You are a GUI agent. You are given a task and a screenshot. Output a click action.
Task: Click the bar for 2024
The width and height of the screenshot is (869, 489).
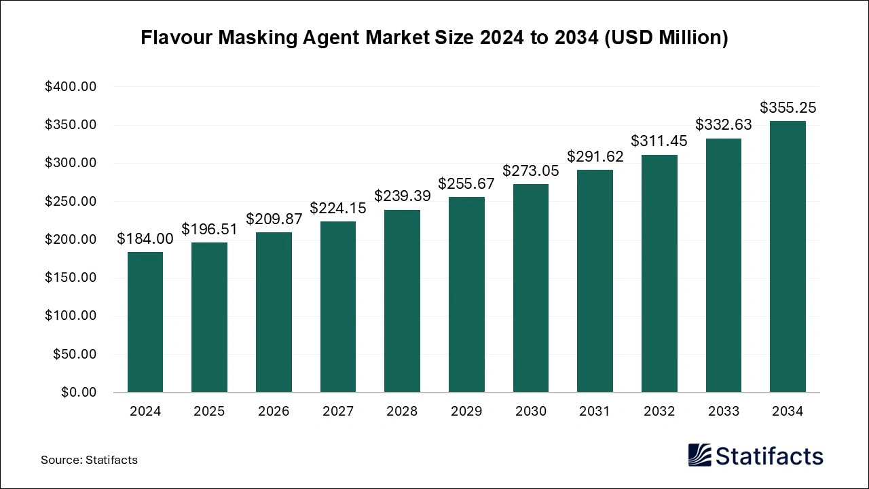pyautogui.click(x=145, y=322)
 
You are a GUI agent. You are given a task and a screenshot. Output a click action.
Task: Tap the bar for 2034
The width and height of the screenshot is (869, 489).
pyautogui.click(x=788, y=256)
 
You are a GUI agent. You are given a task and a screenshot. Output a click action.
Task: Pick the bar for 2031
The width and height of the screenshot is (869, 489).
pyautogui.click(x=595, y=280)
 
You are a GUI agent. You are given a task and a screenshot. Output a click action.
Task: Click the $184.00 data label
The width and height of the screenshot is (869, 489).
pyautogui.click(x=145, y=238)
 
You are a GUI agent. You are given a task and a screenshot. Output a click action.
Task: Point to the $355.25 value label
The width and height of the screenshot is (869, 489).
pyautogui.click(x=788, y=107)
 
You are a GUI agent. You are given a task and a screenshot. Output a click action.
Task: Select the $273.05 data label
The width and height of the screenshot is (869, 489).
pyautogui.click(x=531, y=170)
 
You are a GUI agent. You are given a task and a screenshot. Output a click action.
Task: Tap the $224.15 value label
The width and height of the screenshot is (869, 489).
pyautogui.click(x=338, y=208)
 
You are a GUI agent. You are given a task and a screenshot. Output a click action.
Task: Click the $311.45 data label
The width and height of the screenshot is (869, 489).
pyautogui.click(x=659, y=141)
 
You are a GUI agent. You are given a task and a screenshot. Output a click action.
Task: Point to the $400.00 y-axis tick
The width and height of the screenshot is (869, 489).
pyautogui.click(x=71, y=87)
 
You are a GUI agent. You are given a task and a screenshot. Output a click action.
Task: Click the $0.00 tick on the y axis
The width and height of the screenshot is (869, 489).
pyautogui.click(x=79, y=393)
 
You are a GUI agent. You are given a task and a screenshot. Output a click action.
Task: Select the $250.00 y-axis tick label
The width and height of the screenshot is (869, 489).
pyautogui.click(x=71, y=202)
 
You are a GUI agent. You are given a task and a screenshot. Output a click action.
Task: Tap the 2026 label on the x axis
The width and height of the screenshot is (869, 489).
pyautogui.click(x=274, y=411)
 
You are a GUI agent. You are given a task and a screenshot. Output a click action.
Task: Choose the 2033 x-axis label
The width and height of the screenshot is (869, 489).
pyautogui.click(x=723, y=411)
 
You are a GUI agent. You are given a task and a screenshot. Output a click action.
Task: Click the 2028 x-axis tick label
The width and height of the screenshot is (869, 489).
pyautogui.click(x=402, y=411)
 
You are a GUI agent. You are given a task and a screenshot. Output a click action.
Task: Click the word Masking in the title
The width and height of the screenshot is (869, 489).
pyautogui.click(x=261, y=38)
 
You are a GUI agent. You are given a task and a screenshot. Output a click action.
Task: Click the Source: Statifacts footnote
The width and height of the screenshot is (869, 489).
pyautogui.click(x=89, y=460)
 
